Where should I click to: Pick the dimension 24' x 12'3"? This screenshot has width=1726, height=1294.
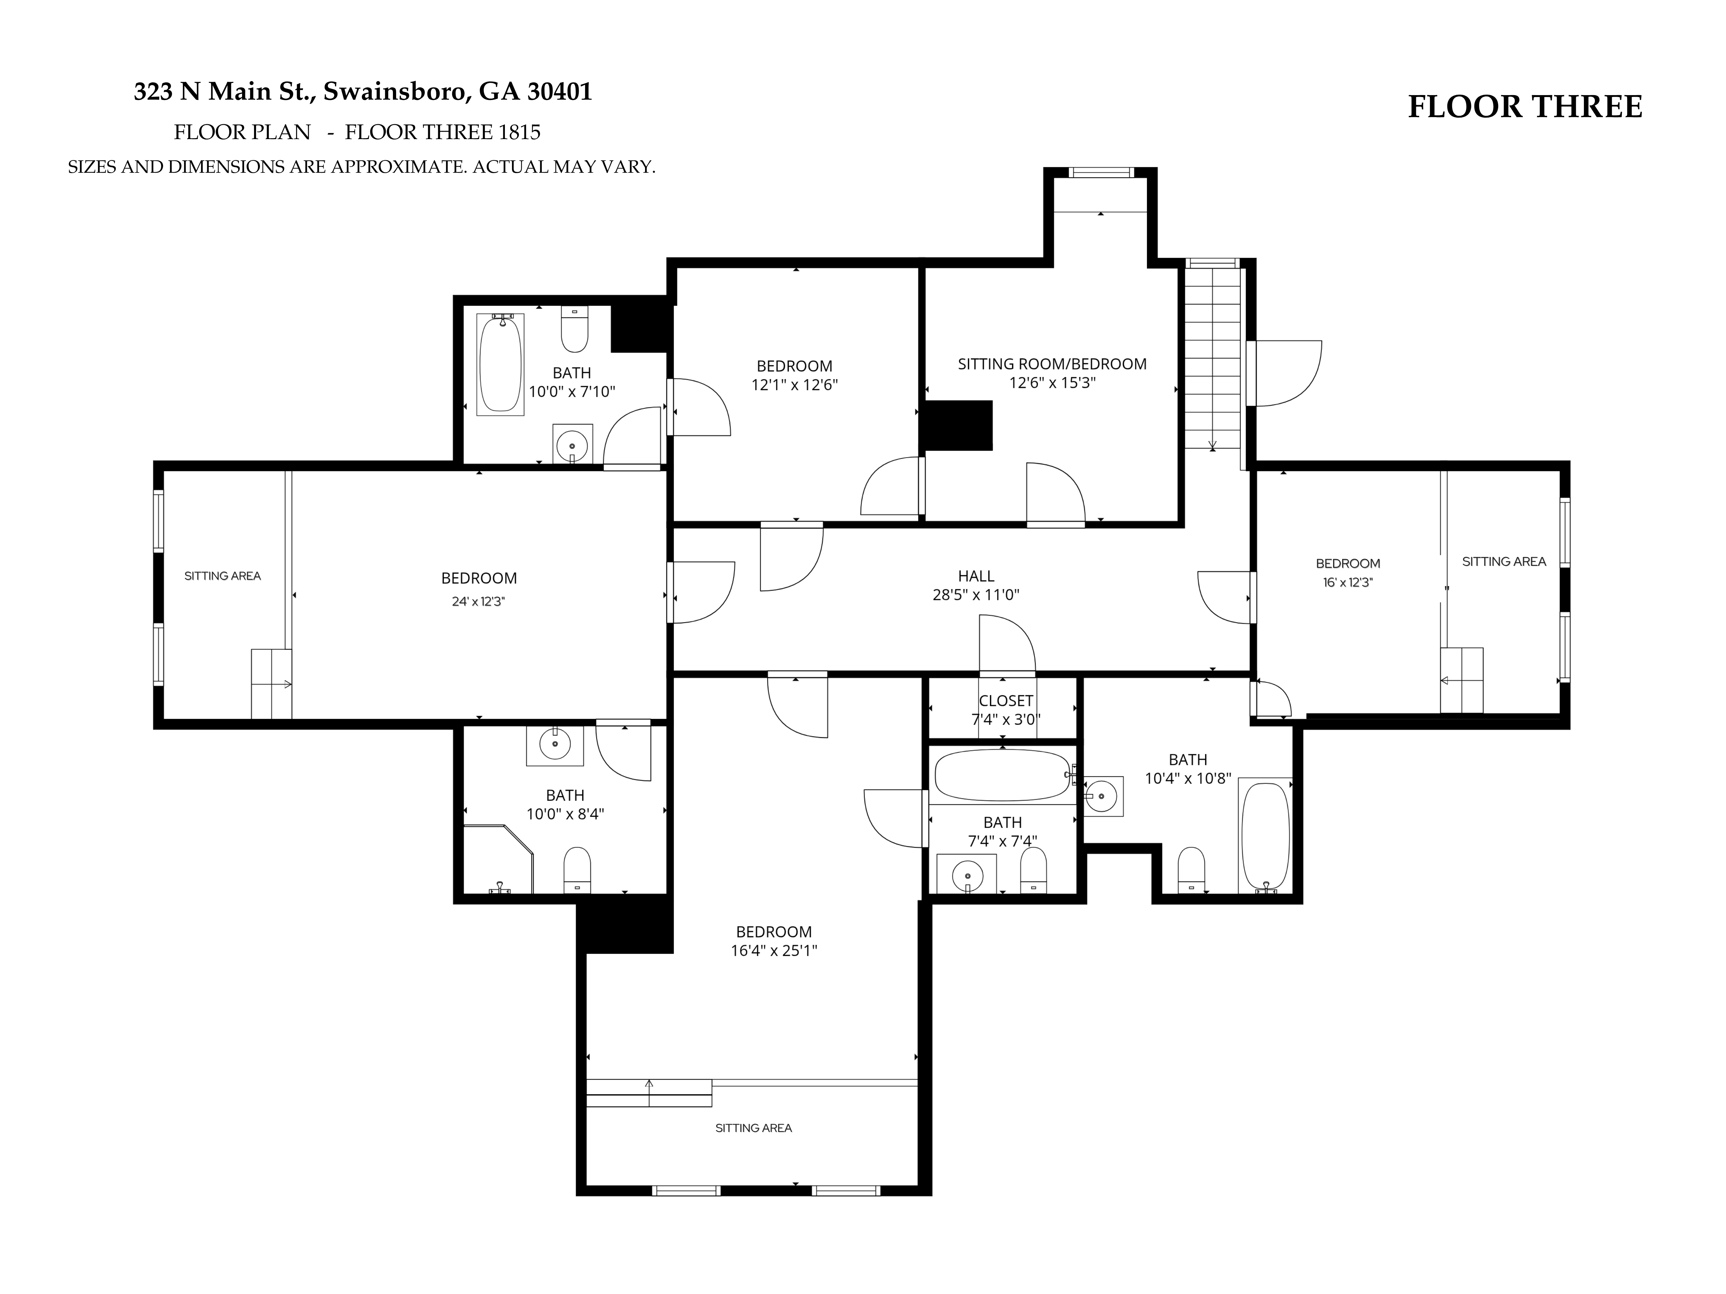(478, 601)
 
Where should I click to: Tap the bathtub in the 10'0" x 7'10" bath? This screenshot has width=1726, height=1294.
(500, 364)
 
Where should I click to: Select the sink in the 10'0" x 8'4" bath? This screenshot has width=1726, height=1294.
(555, 745)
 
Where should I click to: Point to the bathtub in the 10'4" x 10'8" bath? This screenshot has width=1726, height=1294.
(1265, 836)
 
